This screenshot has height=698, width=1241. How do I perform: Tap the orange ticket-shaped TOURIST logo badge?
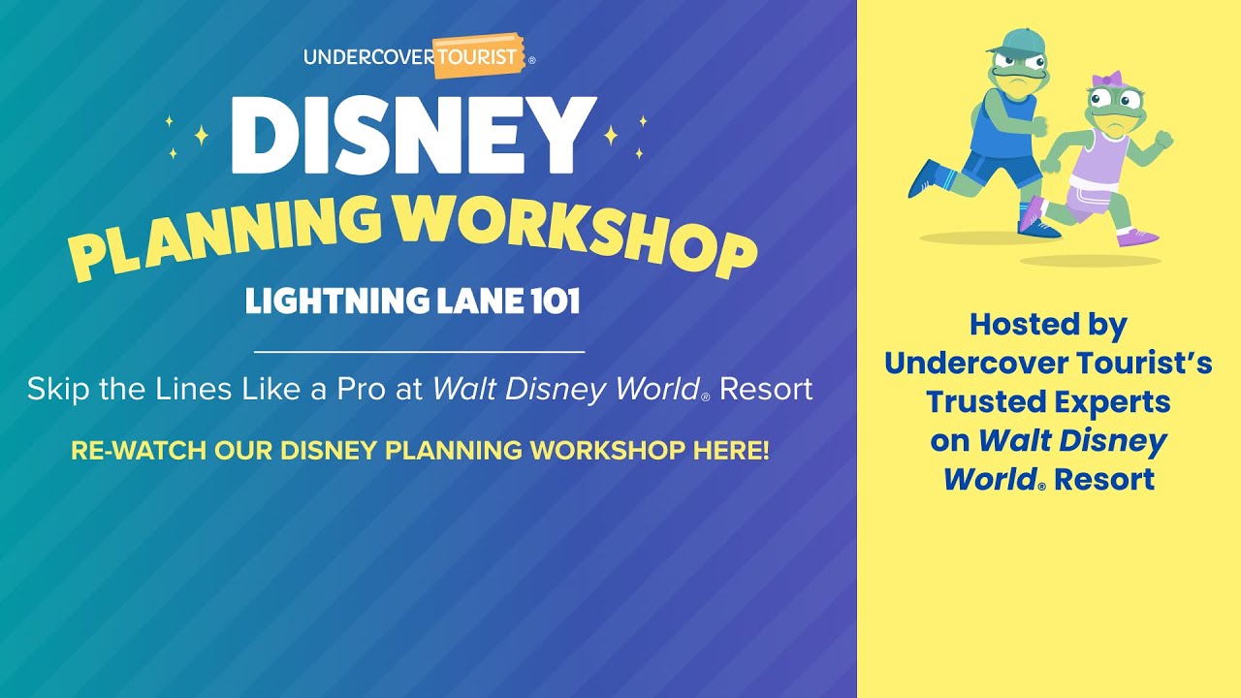[x=479, y=56]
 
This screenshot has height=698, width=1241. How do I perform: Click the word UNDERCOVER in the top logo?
[x=369, y=57]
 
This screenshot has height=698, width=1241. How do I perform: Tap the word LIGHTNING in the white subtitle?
[x=336, y=301]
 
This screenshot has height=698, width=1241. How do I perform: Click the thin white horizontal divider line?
[x=420, y=352]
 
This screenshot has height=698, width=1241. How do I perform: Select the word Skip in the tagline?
[x=58, y=390]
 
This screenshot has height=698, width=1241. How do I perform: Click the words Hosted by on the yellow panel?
[x=1048, y=325]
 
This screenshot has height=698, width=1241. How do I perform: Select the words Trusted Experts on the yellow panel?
[x=1048, y=402]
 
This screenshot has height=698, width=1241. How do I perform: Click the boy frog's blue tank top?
[x=1002, y=126]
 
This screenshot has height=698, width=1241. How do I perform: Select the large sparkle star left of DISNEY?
[x=201, y=135]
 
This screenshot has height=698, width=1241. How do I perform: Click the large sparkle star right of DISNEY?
[x=611, y=135]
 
